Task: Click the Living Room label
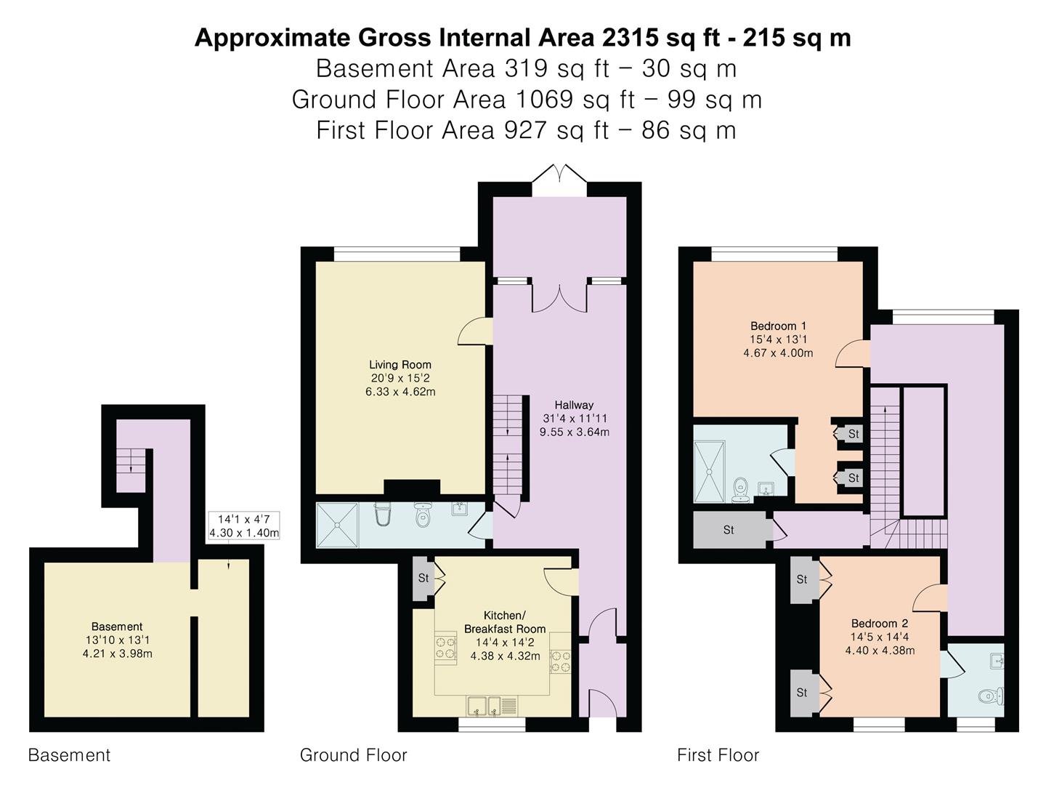[400, 365]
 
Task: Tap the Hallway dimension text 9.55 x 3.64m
[575, 432]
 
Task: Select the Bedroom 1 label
[778, 326]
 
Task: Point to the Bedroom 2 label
[880, 624]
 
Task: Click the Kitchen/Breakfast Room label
[505, 622]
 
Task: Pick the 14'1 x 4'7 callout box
[244, 526]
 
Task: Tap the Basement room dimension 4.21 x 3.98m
[117, 653]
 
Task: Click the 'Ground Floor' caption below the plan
[353, 755]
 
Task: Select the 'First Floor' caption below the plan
[718, 755]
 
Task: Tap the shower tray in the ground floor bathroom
[337, 525]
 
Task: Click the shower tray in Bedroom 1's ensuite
[710, 472]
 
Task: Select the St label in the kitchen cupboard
[423, 578]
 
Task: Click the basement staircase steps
[131, 462]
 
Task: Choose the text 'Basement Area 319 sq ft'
[462, 68]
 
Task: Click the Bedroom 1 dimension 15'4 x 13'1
[778, 339]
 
